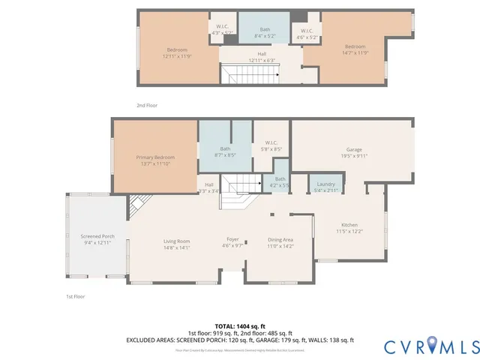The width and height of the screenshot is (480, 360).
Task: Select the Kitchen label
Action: click(349, 228)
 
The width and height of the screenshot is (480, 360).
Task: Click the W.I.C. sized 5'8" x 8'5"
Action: click(271, 145)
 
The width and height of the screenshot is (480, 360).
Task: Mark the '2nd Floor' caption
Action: click(147, 106)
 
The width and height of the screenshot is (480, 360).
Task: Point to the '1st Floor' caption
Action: click(75, 296)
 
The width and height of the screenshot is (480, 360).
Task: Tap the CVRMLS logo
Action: click(430, 346)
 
